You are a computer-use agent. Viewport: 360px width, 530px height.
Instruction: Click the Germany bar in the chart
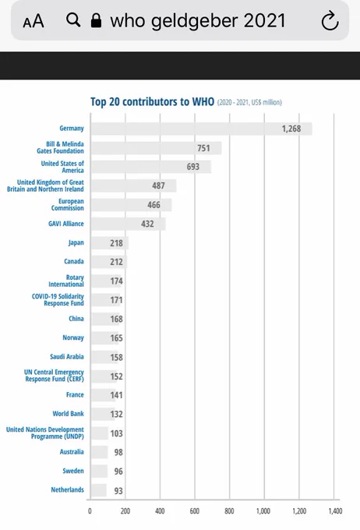tap(202, 129)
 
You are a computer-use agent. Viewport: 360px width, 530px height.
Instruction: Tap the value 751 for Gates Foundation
tap(203, 148)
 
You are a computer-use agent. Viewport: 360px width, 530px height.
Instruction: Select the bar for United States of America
tap(151, 167)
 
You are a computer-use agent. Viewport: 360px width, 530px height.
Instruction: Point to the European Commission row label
tap(67, 204)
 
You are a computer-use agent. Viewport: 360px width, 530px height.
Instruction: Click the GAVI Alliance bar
tap(128, 224)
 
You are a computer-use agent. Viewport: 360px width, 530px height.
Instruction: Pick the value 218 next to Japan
tap(116, 243)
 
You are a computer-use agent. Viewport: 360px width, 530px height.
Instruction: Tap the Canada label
tap(74, 261)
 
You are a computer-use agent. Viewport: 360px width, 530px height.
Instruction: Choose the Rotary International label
tap(66, 281)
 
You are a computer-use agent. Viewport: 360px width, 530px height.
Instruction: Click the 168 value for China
tap(116, 319)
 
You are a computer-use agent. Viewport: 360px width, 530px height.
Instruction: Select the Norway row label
tap(73, 337)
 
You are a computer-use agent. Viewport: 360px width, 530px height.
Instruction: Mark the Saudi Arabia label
tap(66, 357)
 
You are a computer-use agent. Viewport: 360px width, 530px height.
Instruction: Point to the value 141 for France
tap(116, 395)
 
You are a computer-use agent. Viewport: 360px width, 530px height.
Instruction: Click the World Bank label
tap(68, 414)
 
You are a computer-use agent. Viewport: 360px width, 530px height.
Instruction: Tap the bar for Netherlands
tap(99, 490)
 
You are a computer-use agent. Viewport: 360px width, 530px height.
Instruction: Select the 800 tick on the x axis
tap(229, 511)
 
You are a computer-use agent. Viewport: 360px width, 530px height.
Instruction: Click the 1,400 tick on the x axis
tap(335, 511)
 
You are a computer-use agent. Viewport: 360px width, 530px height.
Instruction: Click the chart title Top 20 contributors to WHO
tap(152, 102)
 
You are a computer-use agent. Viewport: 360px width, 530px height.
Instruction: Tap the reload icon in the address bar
tap(330, 20)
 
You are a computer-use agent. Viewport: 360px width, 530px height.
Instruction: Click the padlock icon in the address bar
tap(97, 20)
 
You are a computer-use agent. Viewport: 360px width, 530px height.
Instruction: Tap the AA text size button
tap(34, 21)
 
